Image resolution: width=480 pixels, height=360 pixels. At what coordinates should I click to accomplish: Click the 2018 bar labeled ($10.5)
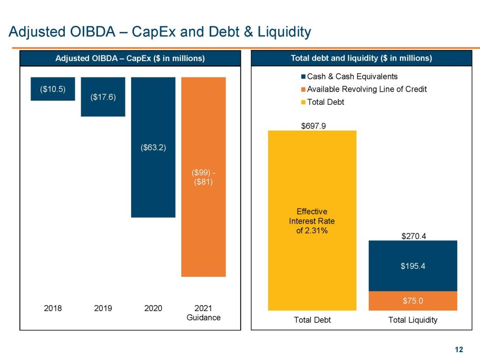pyautogui.click(x=53, y=89)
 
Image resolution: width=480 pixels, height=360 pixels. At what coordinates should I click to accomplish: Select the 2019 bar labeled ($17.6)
pyautogui.click(x=103, y=97)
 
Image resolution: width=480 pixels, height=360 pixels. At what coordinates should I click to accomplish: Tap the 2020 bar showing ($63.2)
pyautogui.click(x=153, y=147)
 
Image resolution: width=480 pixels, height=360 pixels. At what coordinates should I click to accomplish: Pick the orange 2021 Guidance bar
pyautogui.click(x=203, y=177)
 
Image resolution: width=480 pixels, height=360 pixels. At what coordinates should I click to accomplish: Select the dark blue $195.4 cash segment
pyautogui.click(x=413, y=266)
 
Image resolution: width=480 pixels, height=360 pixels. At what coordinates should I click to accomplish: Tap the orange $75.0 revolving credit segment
pyautogui.click(x=413, y=301)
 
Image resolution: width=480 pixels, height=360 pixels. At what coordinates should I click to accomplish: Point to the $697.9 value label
pyautogui.click(x=312, y=126)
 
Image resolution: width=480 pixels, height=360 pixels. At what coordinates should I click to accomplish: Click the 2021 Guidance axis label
pyautogui.click(x=203, y=313)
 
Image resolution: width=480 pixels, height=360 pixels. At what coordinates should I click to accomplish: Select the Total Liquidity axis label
pyautogui.click(x=413, y=320)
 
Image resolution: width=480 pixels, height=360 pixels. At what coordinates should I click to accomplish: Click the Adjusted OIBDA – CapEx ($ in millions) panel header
pyautogui.click(x=130, y=58)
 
